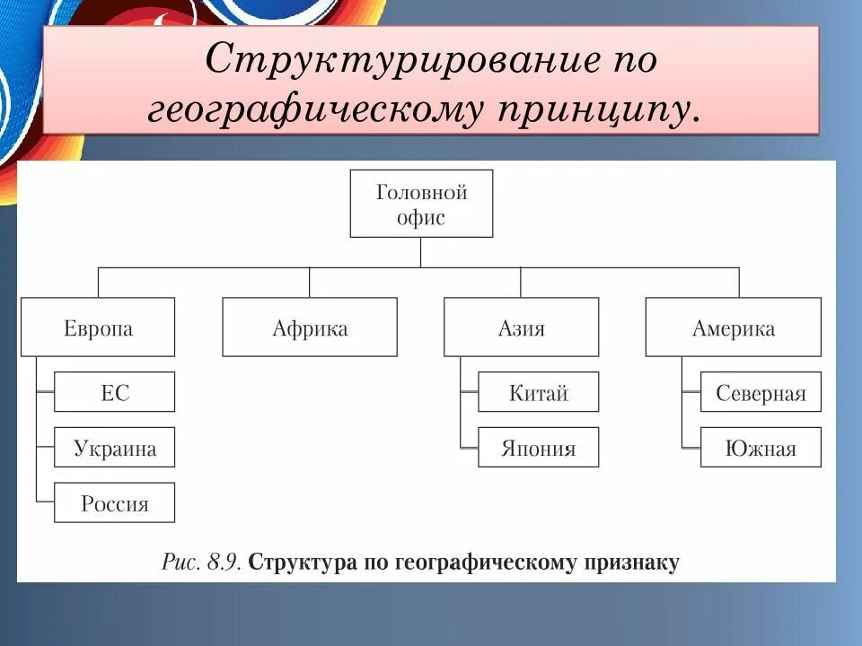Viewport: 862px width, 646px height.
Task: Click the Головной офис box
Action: tap(421, 204)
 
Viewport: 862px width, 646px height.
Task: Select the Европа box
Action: tap(98, 327)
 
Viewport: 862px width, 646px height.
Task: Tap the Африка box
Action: tap(310, 327)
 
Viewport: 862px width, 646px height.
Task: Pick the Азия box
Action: tap(522, 327)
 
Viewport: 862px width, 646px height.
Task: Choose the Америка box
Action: tap(733, 327)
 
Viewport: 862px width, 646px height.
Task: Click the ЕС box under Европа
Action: tap(115, 392)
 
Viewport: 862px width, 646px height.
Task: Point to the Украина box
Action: tap(115, 448)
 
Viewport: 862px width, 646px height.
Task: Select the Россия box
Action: tap(115, 502)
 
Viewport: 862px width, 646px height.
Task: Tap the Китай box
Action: tap(539, 392)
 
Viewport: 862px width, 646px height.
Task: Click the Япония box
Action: tap(539, 448)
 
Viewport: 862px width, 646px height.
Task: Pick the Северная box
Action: tap(761, 392)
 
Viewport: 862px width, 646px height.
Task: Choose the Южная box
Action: tap(761, 448)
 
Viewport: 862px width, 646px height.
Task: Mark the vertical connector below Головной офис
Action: tap(421, 252)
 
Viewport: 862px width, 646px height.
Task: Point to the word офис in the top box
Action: tap(421, 216)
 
